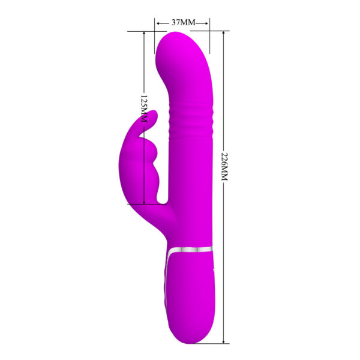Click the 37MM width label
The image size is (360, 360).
pyautogui.click(x=183, y=22)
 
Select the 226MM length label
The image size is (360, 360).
pyautogui.click(x=225, y=169)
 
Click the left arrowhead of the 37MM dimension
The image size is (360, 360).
pyautogui.click(x=157, y=23)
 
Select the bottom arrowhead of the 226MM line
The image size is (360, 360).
pyautogui.click(x=224, y=340)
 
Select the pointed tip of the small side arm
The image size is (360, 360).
pyautogui.click(x=155, y=113)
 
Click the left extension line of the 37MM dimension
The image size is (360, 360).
pyautogui.click(x=155, y=30)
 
